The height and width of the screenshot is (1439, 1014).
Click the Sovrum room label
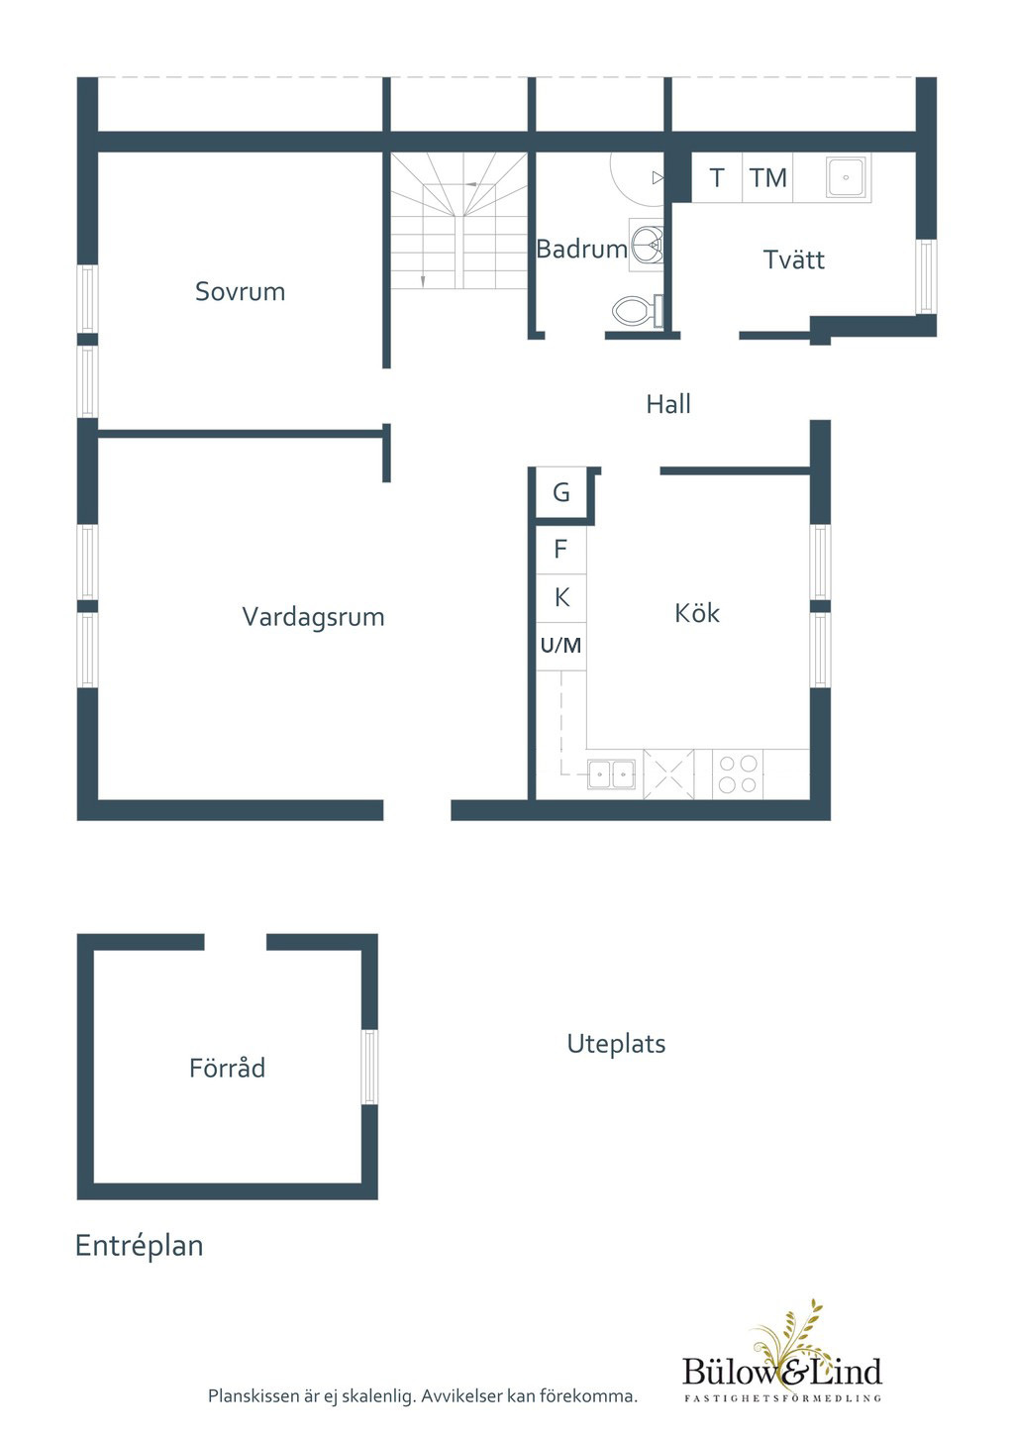click(241, 291)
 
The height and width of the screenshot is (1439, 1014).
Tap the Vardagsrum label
click(313, 617)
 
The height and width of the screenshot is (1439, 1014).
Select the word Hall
click(668, 404)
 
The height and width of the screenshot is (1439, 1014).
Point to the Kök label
click(697, 613)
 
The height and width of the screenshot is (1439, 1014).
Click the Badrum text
click(582, 249)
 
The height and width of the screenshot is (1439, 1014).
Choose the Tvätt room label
click(794, 259)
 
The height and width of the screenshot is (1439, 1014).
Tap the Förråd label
click(228, 1067)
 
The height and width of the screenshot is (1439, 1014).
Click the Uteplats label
click(617, 1044)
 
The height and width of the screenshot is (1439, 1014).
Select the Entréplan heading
click(140, 1246)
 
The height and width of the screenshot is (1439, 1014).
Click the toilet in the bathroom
click(637, 311)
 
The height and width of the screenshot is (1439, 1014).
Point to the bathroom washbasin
click(647, 245)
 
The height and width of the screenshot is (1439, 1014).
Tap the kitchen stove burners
click(738, 774)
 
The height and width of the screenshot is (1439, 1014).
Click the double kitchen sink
click(611, 774)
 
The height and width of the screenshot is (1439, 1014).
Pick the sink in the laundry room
click(847, 177)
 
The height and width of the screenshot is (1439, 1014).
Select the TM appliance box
click(768, 177)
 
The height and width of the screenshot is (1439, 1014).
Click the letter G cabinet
click(561, 493)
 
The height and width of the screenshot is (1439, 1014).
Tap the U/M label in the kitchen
click(561, 645)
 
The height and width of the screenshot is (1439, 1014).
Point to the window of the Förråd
click(369, 1067)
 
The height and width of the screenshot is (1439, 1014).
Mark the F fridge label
click(560, 550)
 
